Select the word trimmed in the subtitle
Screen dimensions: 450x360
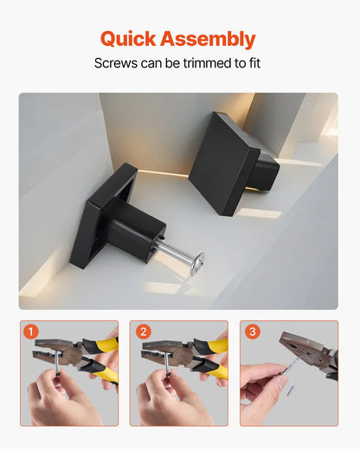(x=212, y=64)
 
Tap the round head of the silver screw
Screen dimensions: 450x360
(x=198, y=259)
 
